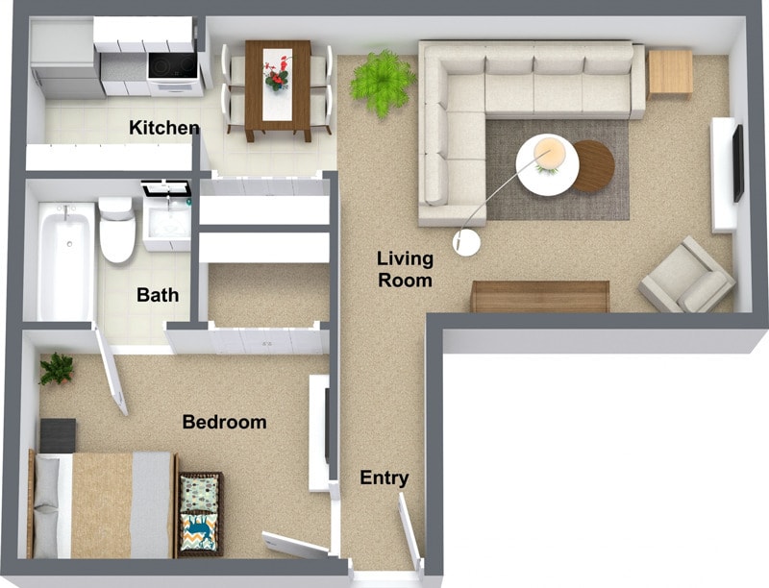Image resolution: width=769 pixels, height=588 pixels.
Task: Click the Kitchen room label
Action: (x=164, y=128)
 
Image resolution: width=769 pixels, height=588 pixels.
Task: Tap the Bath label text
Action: (x=158, y=295)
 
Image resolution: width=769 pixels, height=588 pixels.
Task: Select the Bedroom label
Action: (x=224, y=422)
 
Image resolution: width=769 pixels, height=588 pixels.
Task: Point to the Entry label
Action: (x=384, y=478)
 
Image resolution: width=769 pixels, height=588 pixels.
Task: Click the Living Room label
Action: (x=404, y=269)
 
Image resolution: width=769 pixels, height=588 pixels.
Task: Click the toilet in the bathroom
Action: (x=117, y=231)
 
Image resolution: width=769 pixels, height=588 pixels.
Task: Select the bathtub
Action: (x=65, y=259)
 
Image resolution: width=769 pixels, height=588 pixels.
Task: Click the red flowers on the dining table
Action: (x=278, y=72)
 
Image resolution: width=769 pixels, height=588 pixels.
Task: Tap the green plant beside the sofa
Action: (x=382, y=81)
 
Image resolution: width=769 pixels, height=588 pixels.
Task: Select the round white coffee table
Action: (x=547, y=164)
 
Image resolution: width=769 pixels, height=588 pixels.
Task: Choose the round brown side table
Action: (x=593, y=165)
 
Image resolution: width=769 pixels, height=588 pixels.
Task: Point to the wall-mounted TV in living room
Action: (x=737, y=163)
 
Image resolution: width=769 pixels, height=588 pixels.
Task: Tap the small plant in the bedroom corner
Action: (x=57, y=367)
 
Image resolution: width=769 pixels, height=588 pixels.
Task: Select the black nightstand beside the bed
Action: (x=58, y=435)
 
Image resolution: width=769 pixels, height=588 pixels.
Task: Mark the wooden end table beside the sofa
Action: (x=670, y=72)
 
